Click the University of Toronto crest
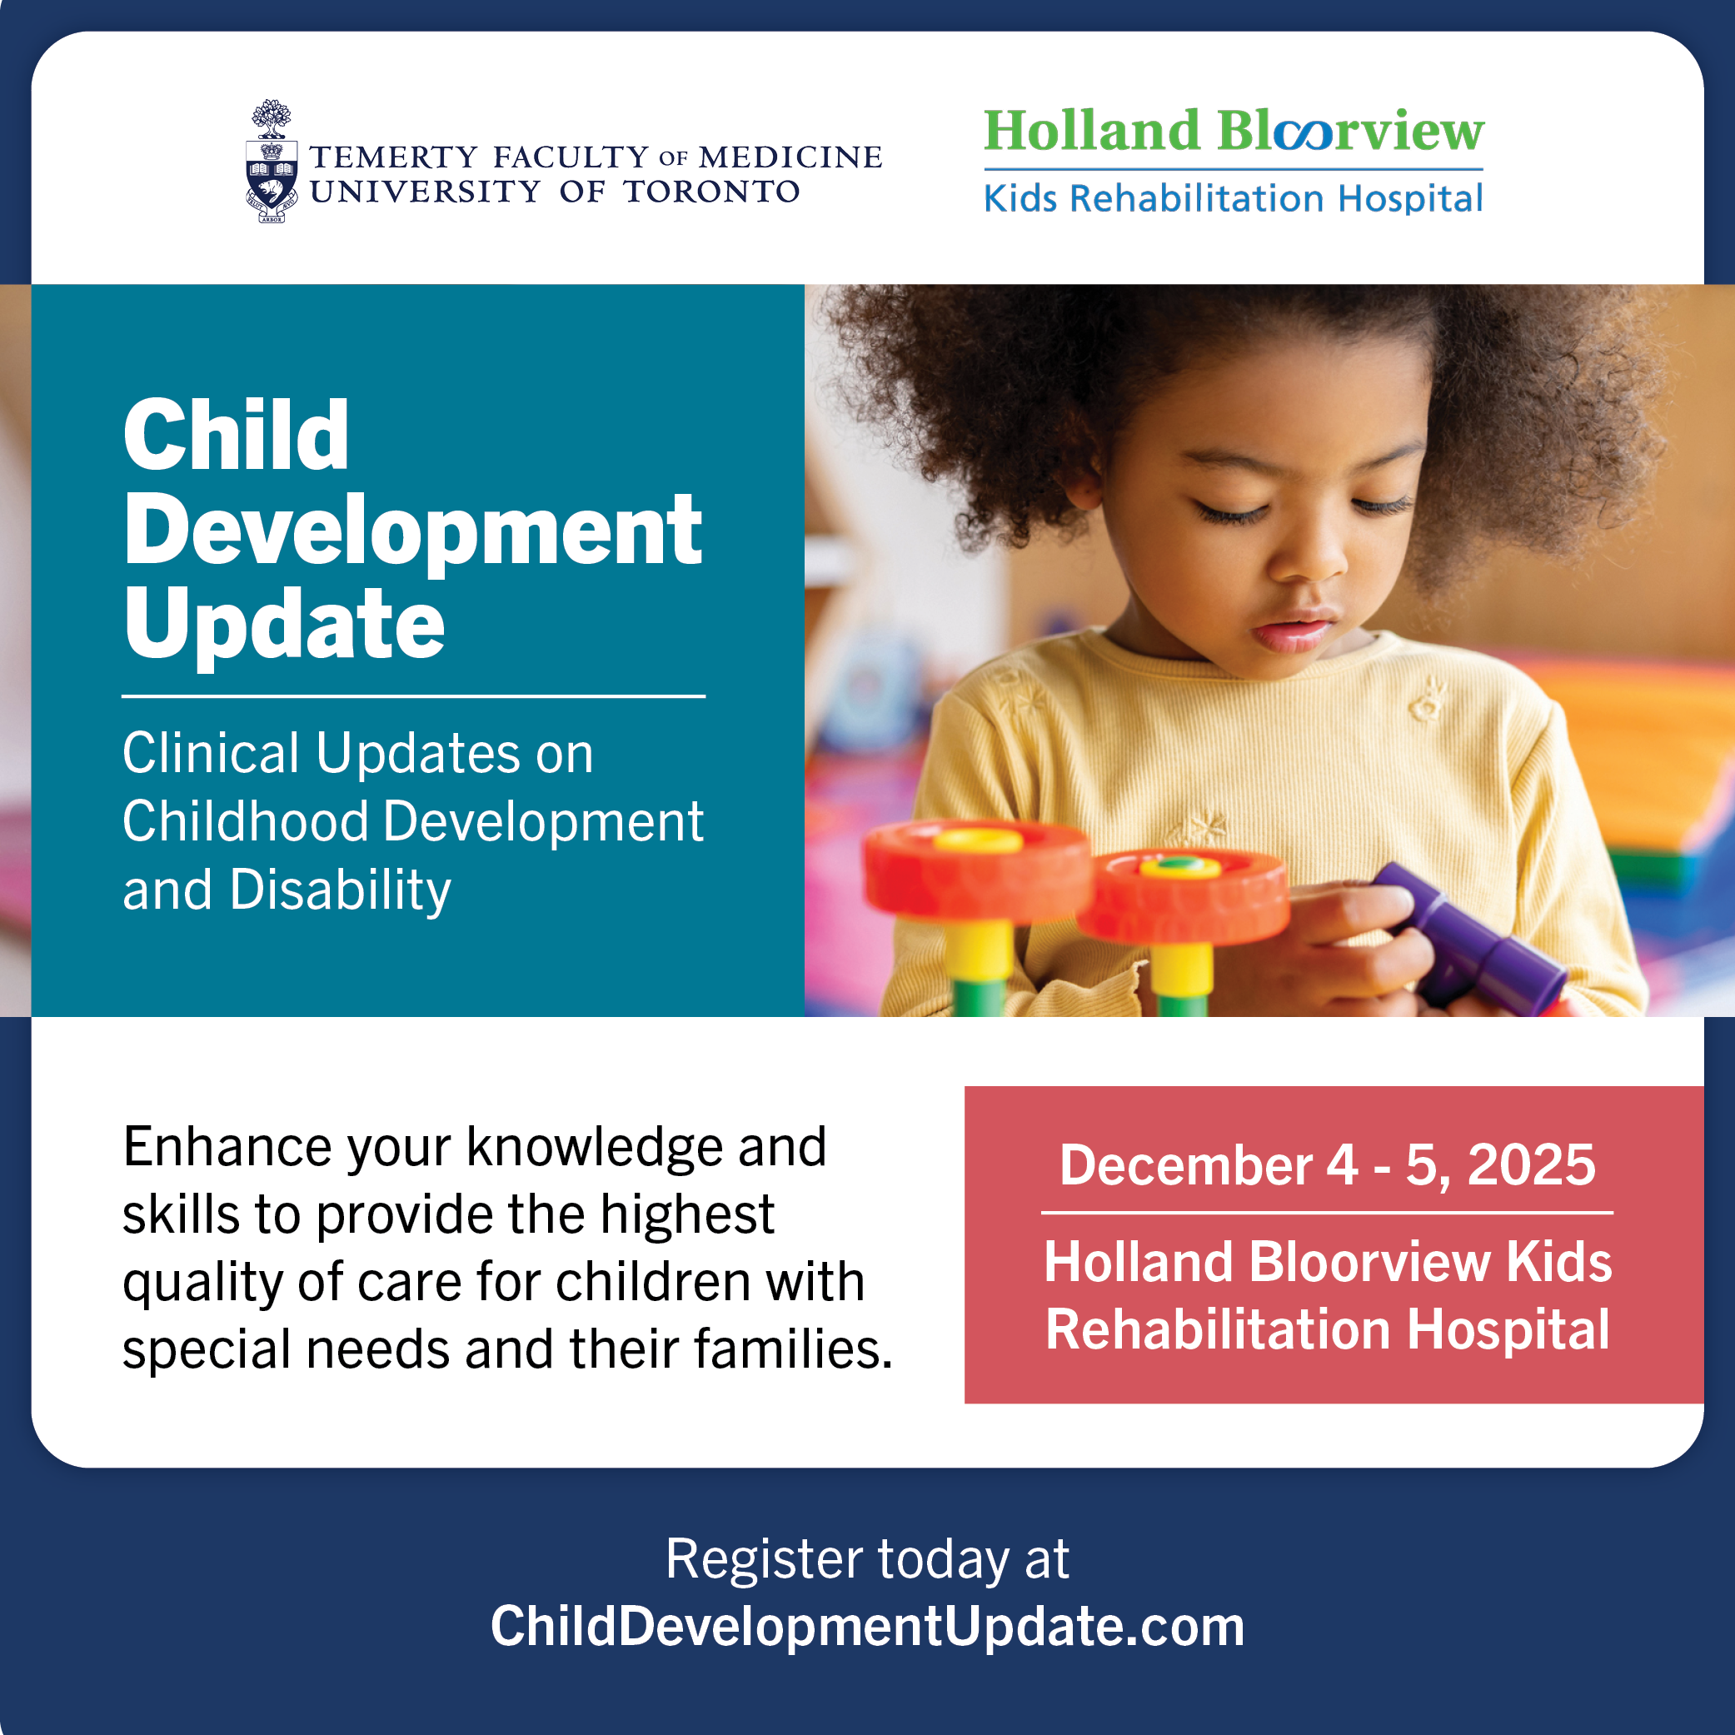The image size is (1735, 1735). click(x=272, y=162)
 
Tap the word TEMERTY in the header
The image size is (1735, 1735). click(x=393, y=157)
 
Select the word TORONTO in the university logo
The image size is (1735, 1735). click(x=711, y=192)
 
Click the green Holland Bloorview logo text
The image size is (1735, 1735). click(x=1234, y=131)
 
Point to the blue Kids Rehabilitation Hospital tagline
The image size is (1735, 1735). click(x=1234, y=198)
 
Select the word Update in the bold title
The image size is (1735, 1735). click(x=284, y=625)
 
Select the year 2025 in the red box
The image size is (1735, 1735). click(x=1531, y=1164)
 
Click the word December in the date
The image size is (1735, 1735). click(x=1186, y=1164)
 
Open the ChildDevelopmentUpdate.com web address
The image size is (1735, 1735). click(x=868, y=1627)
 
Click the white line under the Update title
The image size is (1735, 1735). click(x=413, y=696)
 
